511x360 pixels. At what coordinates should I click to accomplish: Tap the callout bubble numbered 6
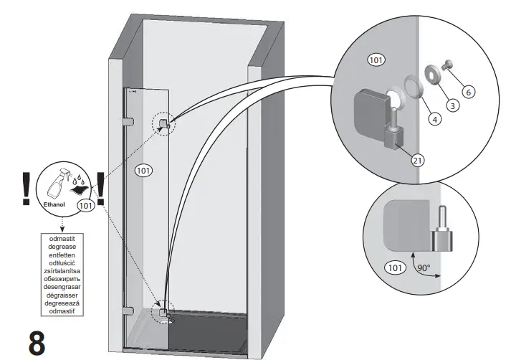tap(468, 92)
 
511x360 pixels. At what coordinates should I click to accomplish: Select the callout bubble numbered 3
tap(452, 105)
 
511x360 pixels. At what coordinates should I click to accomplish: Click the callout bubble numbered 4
tap(435, 120)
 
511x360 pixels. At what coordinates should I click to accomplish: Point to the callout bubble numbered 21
tap(417, 161)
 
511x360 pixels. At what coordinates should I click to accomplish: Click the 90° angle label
tap(424, 269)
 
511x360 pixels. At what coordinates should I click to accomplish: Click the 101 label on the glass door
tap(144, 171)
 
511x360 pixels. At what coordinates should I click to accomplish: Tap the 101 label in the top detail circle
tap(376, 60)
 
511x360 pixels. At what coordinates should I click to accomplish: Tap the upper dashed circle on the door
tap(163, 123)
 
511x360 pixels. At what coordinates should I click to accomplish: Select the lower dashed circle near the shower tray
tap(165, 311)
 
